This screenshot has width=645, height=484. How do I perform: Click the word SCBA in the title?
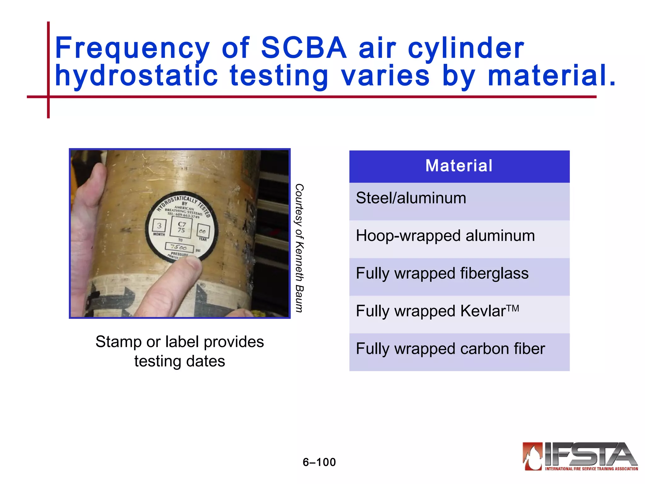click(304, 48)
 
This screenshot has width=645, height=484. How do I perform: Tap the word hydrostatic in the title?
click(136, 76)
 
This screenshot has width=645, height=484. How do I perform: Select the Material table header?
click(459, 166)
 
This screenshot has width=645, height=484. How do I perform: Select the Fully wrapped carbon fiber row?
click(459, 352)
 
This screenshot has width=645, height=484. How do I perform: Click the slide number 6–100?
click(319, 462)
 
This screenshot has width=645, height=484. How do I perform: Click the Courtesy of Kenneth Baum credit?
click(299, 248)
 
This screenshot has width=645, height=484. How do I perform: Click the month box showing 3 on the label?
click(159, 226)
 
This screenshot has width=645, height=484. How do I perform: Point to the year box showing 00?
click(203, 231)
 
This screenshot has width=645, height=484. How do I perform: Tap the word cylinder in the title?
click(466, 48)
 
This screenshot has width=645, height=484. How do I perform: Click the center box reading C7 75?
click(181, 227)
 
